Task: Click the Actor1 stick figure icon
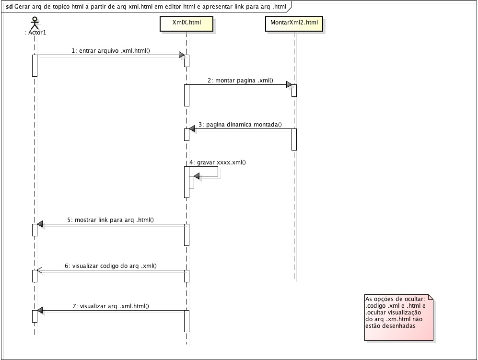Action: click(35, 23)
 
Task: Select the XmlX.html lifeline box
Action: click(187, 24)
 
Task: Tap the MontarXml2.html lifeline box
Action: click(294, 24)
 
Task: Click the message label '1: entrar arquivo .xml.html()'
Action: click(111, 51)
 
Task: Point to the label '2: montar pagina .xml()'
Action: click(241, 81)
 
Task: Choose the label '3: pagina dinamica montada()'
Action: click(240, 124)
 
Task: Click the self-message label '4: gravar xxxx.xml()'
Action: click(218, 162)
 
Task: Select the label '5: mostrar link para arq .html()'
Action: click(111, 220)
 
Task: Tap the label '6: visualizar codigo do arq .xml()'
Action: click(111, 266)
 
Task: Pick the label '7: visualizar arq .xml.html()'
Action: click(111, 306)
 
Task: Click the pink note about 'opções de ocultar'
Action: click(399, 317)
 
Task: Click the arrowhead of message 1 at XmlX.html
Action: click(182, 55)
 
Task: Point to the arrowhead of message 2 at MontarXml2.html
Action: click(289, 84)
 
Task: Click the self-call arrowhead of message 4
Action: click(197, 176)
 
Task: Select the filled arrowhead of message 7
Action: click(40, 310)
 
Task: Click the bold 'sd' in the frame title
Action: click(10, 6)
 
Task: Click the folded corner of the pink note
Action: click(431, 297)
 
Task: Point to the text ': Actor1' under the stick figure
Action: click(35, 32)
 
